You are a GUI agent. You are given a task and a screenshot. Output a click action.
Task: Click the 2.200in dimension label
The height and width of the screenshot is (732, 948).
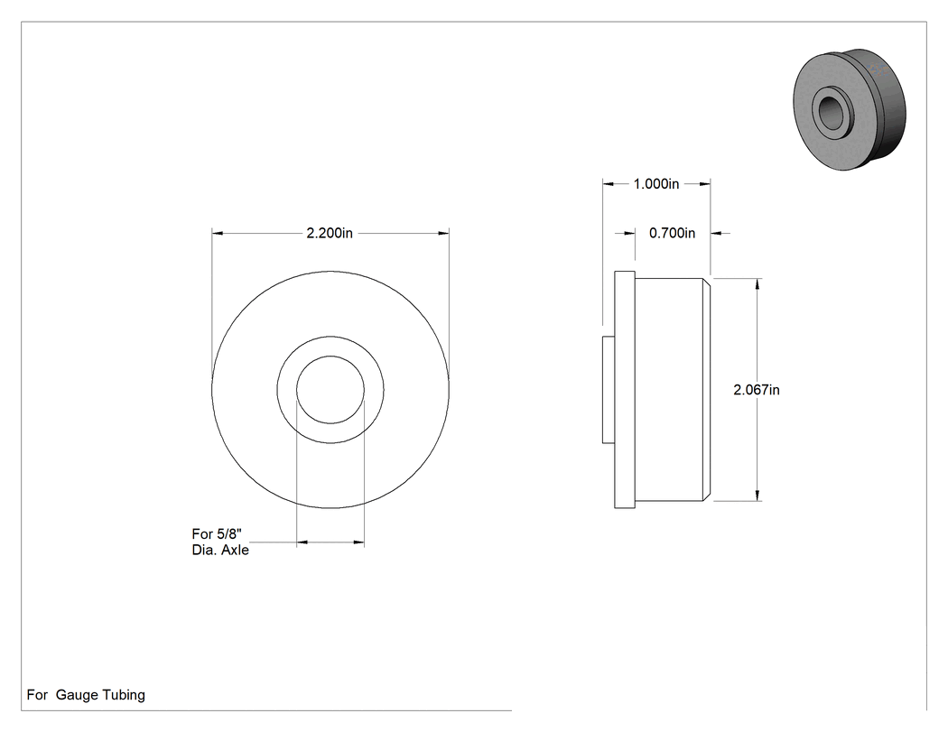(330, 233)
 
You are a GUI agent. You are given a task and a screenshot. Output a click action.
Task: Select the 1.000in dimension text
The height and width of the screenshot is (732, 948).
(656, 184)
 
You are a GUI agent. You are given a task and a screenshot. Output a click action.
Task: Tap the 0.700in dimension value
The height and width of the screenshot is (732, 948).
(673, 233)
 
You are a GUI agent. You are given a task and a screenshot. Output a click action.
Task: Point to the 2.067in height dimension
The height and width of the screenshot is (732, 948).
(757, 390)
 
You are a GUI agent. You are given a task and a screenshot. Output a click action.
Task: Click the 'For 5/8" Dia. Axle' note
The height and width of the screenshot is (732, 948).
(220, 542)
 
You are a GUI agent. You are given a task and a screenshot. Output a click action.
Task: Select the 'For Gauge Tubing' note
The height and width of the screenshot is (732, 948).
(86, 695)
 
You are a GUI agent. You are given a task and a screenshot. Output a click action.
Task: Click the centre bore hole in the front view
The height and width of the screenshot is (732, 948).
(330, 390)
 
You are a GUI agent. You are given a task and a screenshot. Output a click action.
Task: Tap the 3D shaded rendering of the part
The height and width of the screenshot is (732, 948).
(850, 109)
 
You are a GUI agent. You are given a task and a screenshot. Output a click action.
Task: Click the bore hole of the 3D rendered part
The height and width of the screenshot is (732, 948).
(831, 109)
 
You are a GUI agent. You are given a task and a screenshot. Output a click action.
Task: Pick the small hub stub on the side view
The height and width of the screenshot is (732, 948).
(609, 390)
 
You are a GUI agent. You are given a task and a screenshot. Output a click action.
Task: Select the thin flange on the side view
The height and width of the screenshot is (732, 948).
(625, 389)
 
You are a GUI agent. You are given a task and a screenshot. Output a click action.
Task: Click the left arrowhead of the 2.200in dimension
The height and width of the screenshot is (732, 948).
(218, 233)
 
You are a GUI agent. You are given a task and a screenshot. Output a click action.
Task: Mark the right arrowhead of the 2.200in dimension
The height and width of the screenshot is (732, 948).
(443, 233)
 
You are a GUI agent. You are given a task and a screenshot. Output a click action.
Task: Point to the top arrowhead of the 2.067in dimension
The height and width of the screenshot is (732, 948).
(758, 284)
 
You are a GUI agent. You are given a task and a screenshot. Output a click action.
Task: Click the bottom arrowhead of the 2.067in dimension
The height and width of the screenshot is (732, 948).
(758, 495)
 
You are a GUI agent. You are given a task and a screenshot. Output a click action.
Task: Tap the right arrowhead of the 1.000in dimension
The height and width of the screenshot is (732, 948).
(704, 184)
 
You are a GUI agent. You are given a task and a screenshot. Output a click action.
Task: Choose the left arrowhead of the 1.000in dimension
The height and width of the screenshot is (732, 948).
(609, 184)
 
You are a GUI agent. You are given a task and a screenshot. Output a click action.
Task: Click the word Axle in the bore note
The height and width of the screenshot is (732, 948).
(235, 550)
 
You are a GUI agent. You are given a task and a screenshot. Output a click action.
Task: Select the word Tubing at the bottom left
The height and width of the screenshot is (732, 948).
(124, 695)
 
